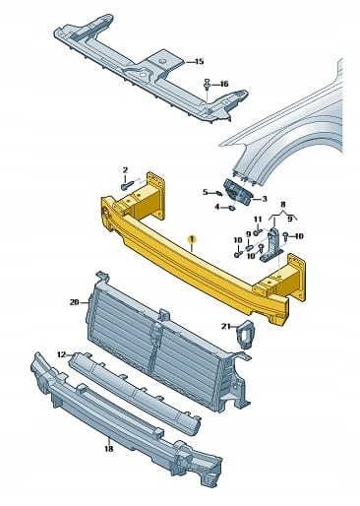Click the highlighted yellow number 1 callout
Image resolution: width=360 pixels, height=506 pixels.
point(192,240)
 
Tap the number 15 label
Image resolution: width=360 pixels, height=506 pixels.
point(199,61)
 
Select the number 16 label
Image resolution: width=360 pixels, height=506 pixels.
point(223,85)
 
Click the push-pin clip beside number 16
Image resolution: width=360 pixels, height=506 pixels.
point(207,85)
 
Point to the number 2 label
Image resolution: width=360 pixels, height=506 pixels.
point(125,170)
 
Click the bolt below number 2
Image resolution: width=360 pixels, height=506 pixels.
point(127,186)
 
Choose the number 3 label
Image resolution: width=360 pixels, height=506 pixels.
point(265,199)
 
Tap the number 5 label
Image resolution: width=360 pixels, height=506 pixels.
point(206,192)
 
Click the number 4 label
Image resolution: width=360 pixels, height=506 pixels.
point(217,207)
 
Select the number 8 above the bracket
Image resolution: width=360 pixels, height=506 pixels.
point(283,205)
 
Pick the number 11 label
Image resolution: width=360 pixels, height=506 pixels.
point(258,219)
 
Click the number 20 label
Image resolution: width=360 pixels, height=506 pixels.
point(75,302)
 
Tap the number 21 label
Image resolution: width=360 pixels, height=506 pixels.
point(226,326)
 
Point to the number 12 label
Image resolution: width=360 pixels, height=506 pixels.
point(61,354)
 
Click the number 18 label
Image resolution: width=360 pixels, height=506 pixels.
point(109,448)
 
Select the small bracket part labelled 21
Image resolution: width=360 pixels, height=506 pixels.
point(245,335)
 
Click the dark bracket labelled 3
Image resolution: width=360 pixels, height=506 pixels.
point(237,193)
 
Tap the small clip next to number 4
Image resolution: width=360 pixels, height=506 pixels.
point(231,208)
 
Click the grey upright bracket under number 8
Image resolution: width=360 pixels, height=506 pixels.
point(271,244)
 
